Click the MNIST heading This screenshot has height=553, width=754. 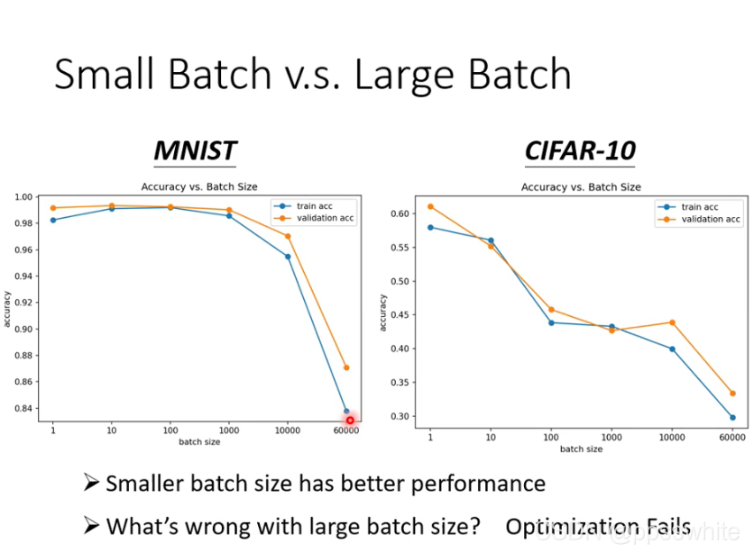pyautogui.click(x=195, y=150)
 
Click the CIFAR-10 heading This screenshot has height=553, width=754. pyautogui.click(x=580, y=150)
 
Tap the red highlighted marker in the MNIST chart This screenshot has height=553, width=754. pyautogui.click(x=350, y=420)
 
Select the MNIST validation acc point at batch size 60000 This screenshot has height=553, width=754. pyautogui.click(x=346, y=367)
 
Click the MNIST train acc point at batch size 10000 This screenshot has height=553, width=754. pyautogui.click(x=288, y=257)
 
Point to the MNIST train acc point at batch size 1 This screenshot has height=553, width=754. pyautogui.click(x=52, y=220)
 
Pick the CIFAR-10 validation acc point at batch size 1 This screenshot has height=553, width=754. pyautogui.click(x=430, y=206)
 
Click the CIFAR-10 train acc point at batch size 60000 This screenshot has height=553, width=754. pyautogui.click(x=731, y=417)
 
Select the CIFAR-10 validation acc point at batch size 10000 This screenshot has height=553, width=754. pyautogui.click(x=672, y=322)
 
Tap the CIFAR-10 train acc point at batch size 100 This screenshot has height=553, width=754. pyautogui.click(x=551, y=322)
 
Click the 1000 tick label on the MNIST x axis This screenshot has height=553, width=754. pyautogui.click(x=229, y=431)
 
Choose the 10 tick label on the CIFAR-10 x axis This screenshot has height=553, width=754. pyautogui.click(x=491, y=437)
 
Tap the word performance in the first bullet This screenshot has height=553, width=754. pyautogui.click(x=478, y=484)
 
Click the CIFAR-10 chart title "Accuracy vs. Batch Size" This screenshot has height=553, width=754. pyautogui.click(x=581, y=187)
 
